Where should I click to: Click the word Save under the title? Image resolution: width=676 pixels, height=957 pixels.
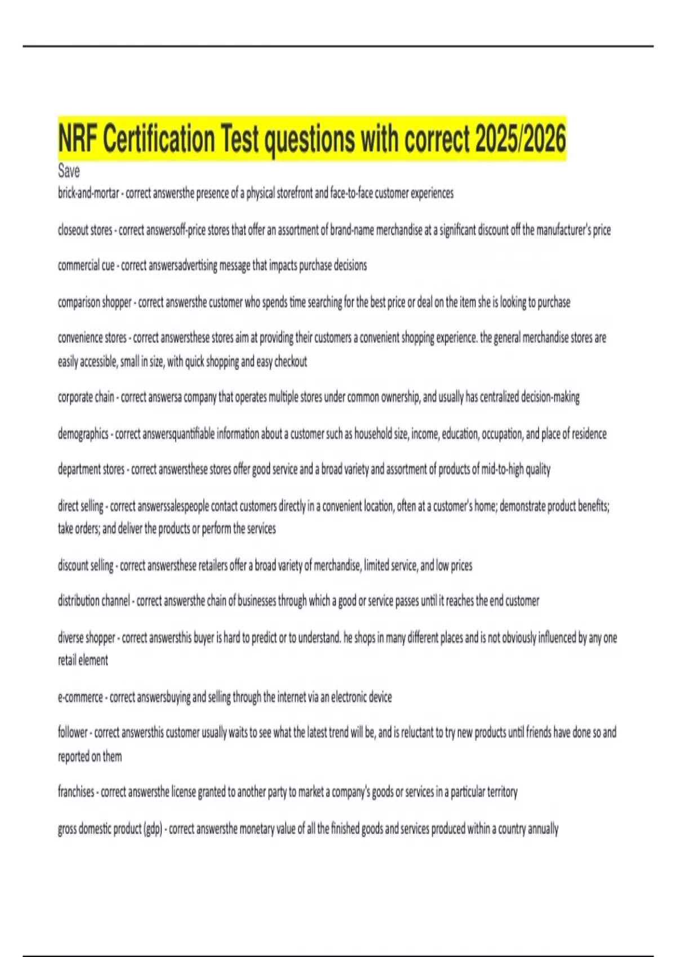69,171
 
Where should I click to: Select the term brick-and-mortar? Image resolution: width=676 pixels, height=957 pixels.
88,194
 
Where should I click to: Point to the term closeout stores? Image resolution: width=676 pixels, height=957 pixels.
85,230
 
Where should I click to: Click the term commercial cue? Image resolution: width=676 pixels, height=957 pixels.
86,266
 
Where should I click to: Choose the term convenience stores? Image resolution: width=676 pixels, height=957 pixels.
92,338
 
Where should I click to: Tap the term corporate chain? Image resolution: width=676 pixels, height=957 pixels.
86,397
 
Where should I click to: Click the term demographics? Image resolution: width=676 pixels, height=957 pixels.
83,433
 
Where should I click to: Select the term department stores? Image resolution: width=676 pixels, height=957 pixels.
91,469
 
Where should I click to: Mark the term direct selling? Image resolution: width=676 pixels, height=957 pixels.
81,506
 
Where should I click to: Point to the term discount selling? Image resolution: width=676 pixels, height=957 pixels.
86,565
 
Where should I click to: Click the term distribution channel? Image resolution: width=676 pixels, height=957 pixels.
94,601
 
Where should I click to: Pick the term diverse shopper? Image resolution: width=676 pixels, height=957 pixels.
87,638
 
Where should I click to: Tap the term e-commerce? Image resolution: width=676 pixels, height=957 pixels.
81,697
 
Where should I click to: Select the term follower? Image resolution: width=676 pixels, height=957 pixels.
73,732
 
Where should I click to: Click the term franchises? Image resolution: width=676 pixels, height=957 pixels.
76,791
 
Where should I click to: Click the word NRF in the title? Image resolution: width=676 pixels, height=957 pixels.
77,139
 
